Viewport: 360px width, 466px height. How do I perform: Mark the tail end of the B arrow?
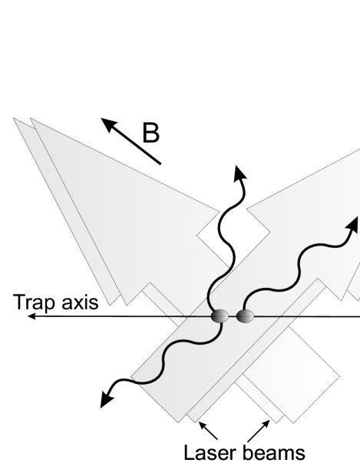pyautogui.click(x=160, y=163)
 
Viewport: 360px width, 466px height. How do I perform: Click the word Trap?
pyautogui.click(x=33, y=302)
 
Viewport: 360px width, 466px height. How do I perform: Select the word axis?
pyautogui.click(x=78, y=302)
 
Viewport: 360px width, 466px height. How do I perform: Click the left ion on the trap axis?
pyautogui.click(x=220, y=316)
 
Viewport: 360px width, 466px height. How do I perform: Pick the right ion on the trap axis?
pyautogui.click(x=245, y=316)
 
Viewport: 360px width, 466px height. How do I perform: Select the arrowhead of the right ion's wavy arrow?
pyautogui.click(x=353, y=222)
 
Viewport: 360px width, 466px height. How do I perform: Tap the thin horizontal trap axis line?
pyautogui.click(x=115, y=316)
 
